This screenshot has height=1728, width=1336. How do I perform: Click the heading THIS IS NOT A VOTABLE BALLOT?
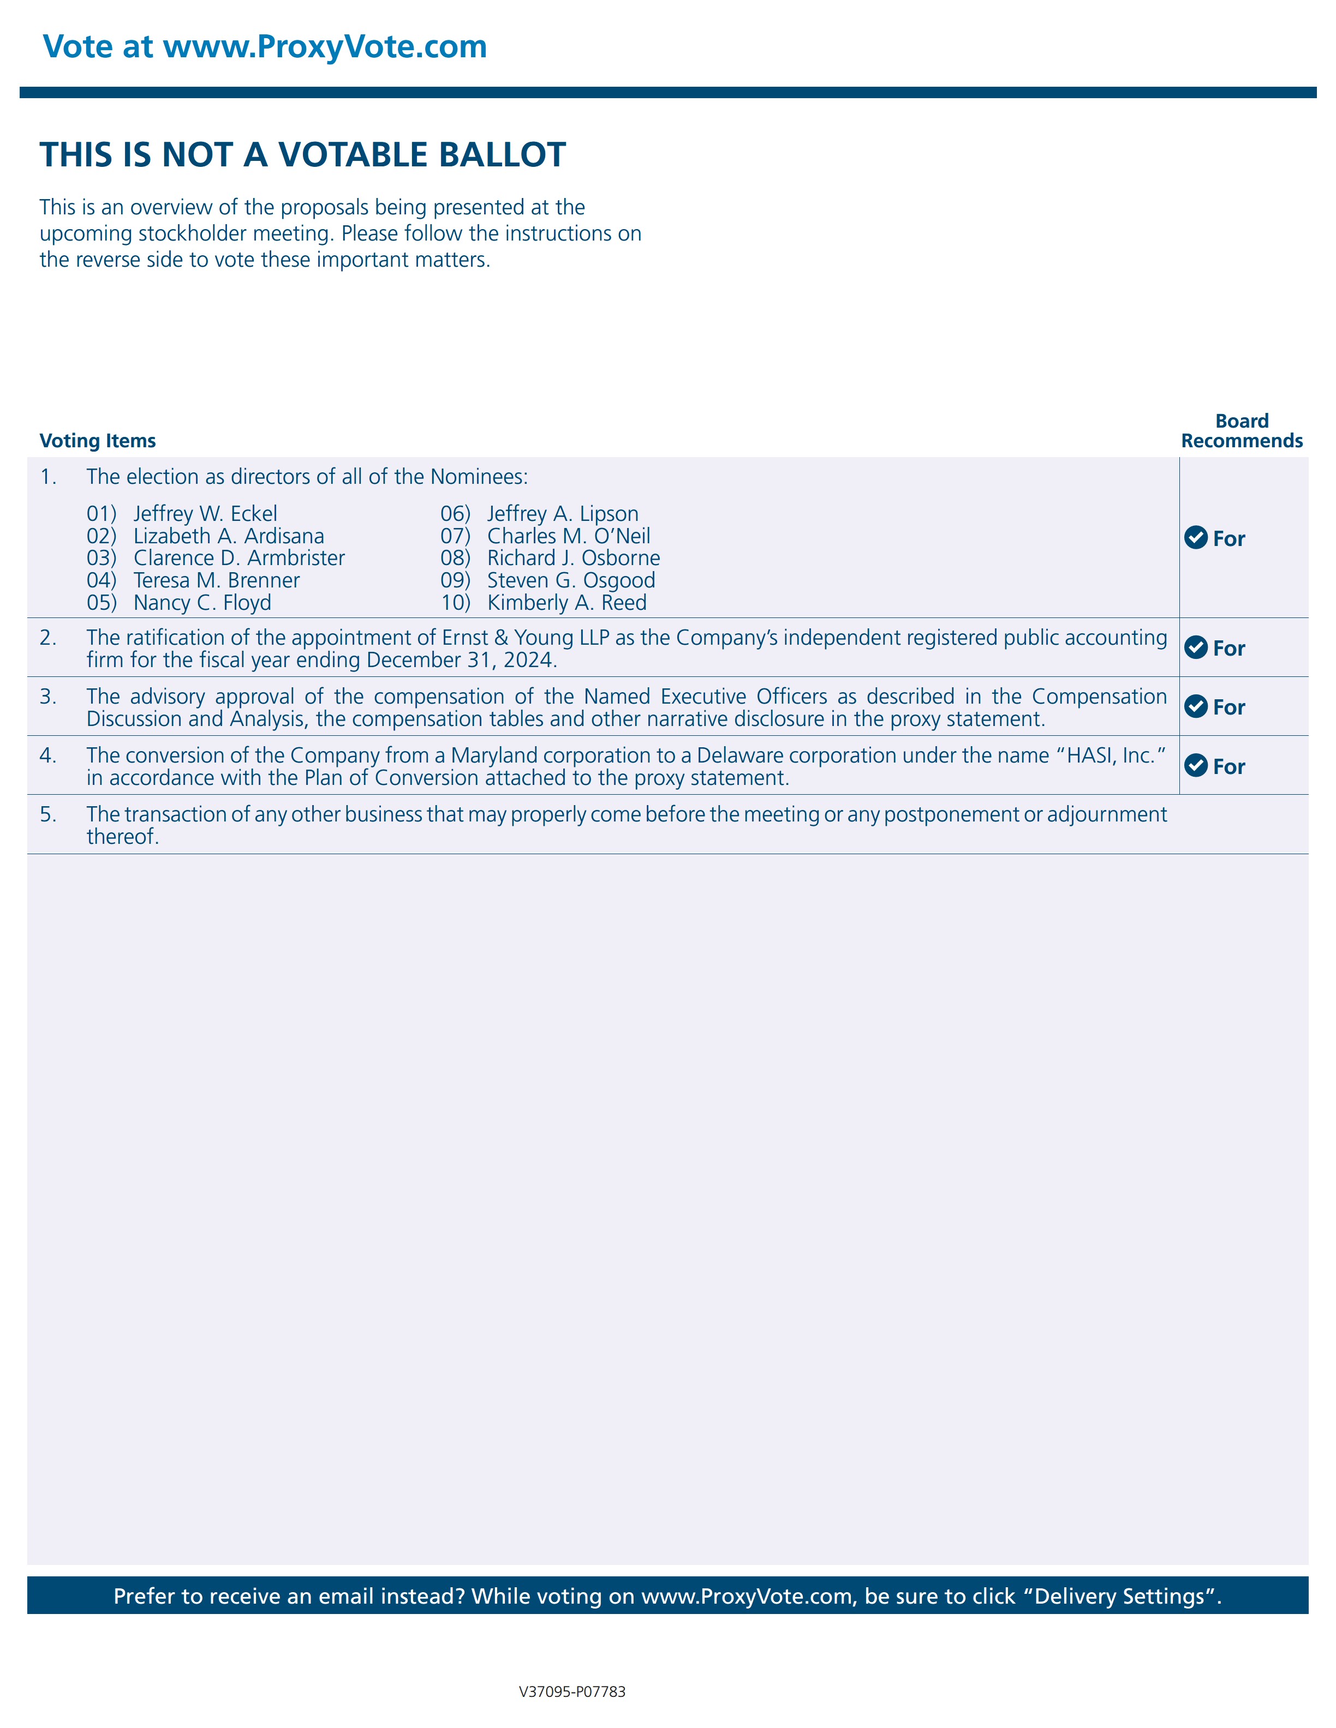[302, 155]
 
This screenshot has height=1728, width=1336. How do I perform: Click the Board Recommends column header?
[1241, 431]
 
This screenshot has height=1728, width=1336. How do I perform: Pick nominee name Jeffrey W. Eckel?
[205, 513]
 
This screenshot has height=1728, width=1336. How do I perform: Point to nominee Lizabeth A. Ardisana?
[229, 536]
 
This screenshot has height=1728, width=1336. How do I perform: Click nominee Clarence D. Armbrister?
[239, 558]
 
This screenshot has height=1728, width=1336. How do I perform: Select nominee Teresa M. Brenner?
[216, 580]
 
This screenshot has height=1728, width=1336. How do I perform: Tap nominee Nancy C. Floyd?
[202, 602]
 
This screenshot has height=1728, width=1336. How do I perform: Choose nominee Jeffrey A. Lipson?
[562, 513]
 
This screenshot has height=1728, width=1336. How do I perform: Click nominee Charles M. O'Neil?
[568, 536]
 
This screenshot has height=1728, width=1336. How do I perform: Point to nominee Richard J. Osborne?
[573, 558]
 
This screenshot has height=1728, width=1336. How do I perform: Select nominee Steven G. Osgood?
[571, 580]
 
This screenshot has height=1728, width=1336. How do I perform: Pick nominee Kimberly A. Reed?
[566, 602]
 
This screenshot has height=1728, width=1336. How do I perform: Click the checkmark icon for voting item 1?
[1195, 537]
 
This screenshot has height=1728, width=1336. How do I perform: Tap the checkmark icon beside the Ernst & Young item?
[1195, 647]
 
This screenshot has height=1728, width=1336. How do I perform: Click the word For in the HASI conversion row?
[1228, 767]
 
